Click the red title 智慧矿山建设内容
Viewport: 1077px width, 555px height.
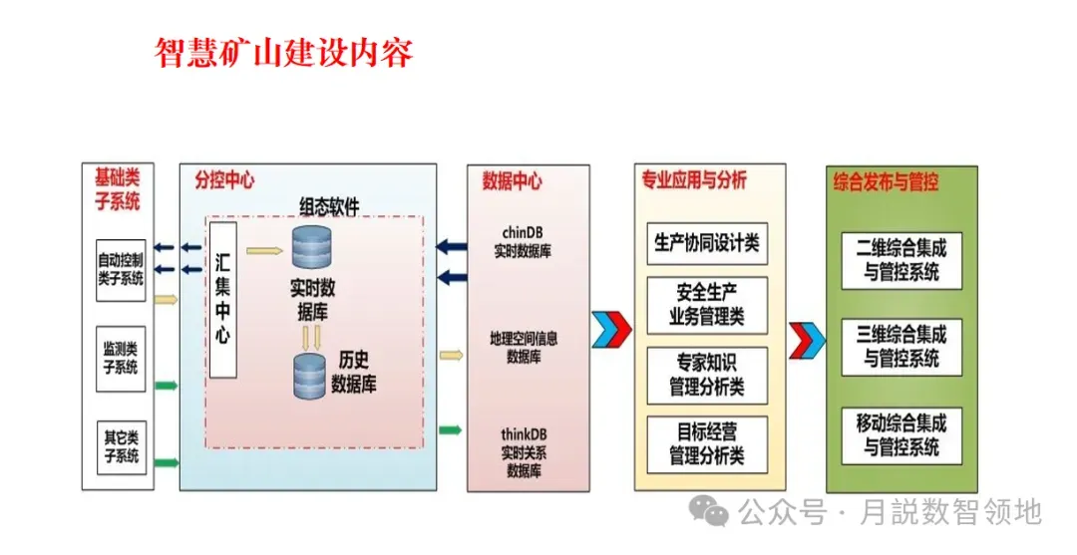(283, 51)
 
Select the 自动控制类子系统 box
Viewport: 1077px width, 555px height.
(121, 270)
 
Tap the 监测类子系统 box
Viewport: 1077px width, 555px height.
(121, 358)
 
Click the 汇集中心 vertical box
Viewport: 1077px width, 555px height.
(222, 300)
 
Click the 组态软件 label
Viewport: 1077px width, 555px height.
(329, 206)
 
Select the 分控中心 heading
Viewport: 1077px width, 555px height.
(223, 180)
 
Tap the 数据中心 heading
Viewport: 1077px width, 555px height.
(512, 181)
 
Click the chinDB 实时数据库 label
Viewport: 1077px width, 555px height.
(522, 242)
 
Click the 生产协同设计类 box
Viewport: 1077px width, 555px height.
(707, 242)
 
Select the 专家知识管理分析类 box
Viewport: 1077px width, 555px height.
(707, 374)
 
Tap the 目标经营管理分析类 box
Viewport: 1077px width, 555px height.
(707, 444)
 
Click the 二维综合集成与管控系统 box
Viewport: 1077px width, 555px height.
(901, 259)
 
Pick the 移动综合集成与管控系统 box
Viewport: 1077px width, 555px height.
(901, 434)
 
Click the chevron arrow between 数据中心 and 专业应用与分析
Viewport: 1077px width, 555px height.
(611, 329)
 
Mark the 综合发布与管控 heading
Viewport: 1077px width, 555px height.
(886, 182)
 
